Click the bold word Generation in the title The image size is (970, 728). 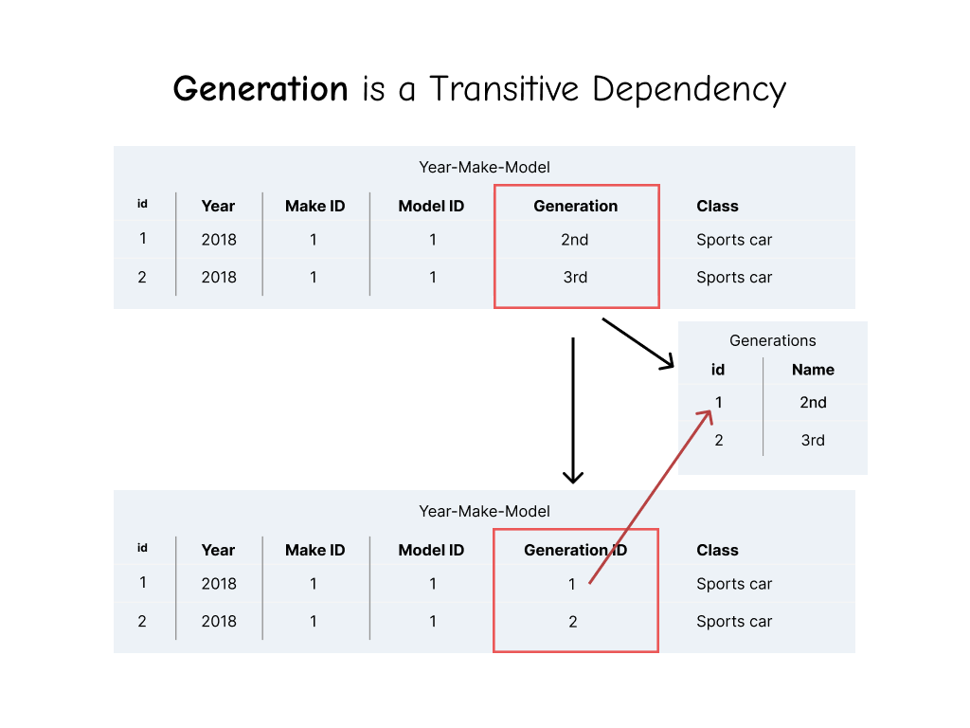pos(260,89)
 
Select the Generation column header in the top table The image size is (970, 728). pos(575,206)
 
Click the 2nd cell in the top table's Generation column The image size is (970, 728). pos(575,240)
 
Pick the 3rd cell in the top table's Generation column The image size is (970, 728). pos(575,278)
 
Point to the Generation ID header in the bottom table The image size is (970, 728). pos(575,550)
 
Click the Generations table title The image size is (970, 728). pos(772,340)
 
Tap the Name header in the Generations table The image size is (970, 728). pos(813,370)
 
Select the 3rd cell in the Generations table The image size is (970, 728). pos(813,440)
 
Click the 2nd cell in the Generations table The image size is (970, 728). pos(813,402)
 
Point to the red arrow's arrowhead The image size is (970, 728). pos(709,413)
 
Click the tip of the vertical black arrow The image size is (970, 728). pos(572,481)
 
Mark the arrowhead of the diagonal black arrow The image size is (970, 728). pos(670,365)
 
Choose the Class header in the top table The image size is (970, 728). pos(717,206)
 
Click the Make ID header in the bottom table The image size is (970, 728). pos(315,550)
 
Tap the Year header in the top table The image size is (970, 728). pos(218,206)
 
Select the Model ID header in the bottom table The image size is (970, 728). pos(431,550)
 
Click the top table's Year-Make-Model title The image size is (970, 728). pos(484,167)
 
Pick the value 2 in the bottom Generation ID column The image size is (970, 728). pos(572,622)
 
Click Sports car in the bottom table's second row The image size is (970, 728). pos(734,622)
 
